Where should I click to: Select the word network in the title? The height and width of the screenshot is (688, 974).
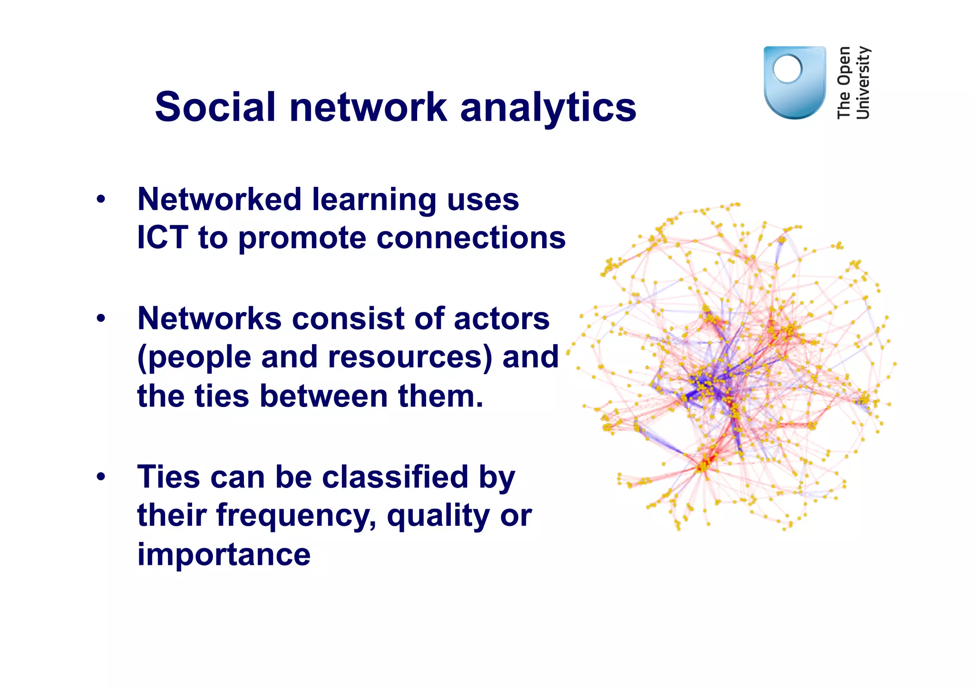[368, 107]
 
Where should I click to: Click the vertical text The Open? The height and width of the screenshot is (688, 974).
[844, 82]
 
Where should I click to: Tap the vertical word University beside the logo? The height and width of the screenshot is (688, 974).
[863, 82]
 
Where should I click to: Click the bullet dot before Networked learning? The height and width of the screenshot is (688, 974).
[100, 199]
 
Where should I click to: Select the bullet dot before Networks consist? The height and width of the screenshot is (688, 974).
[100, 319]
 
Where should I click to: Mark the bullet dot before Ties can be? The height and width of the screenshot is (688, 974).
[100, 477]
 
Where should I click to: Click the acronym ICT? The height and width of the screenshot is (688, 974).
[162, 237]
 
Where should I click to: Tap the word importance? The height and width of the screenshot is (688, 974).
[224, 555]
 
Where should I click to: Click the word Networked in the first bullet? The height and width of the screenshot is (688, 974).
[219, 199]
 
